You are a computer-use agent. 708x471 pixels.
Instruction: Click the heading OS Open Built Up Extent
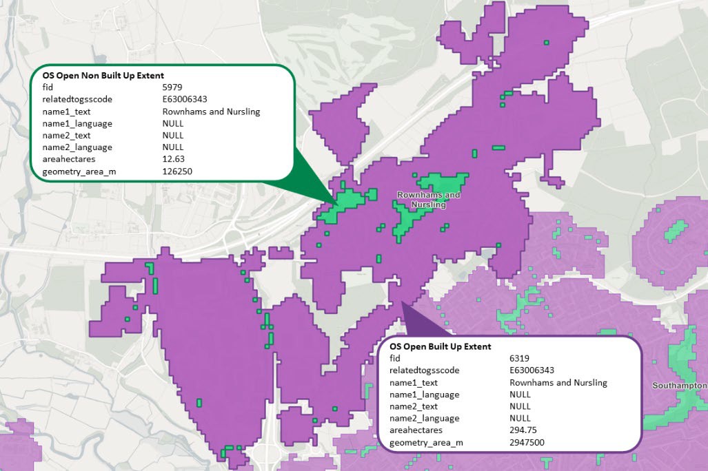[x=440, y=346]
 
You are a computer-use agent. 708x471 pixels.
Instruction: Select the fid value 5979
[x=172, y=87]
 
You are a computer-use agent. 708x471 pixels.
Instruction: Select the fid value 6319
[x=519, y=359]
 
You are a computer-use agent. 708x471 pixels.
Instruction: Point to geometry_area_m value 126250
[x=176, y=171]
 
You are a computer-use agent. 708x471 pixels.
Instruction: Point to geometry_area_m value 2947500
[x=527, y=442]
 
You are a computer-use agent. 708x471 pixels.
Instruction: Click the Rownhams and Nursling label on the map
[x=428, y=200]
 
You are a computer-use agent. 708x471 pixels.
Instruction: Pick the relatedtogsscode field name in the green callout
[x=77, y=99]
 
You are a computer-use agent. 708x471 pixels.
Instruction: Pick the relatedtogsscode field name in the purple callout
[x=424, y=370]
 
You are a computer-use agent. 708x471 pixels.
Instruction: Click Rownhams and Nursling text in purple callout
[x=558, y=383]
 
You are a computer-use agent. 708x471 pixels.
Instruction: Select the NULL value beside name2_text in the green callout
[x=173, y=135]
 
